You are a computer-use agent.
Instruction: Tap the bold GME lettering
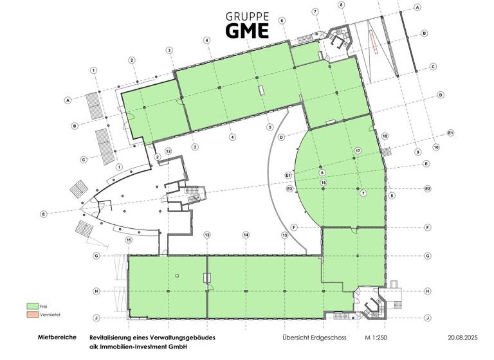(x=248, y=30)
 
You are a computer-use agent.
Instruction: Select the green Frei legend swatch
(x=33, y=306)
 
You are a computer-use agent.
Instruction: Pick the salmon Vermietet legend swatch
(x=33, y=315)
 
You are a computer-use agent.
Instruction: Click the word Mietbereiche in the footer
(x=58, y=337)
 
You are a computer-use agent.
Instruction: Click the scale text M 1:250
(x=378, y=337)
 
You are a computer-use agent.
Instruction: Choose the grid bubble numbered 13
(x=207, y=235)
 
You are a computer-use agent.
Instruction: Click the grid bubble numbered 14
(x=246, y=235)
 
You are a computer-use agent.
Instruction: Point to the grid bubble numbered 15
(x=284, y=235)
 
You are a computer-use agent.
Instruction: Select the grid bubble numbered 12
(x=168, y=150)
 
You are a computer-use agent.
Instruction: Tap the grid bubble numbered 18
(x=385, y=136)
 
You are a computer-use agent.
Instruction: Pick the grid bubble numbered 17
(x=358, y=150)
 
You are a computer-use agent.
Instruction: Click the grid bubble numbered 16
(x=324, y=183)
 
